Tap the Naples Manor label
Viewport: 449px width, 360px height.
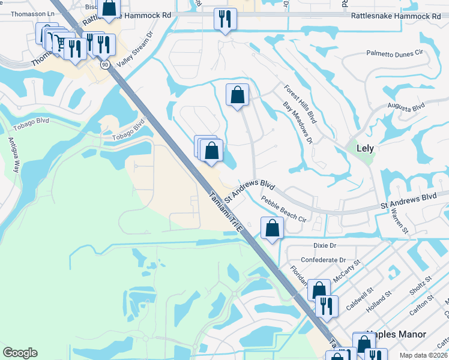click(x=396, y=334)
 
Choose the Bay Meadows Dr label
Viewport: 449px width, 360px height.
click(x=298, y=123)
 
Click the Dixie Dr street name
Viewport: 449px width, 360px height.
click(x=325, y=245)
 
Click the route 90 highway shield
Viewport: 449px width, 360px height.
click(x=105, y=64)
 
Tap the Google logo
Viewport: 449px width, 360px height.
click(x=20, y=353)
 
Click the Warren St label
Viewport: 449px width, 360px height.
click(x=399, y=220)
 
